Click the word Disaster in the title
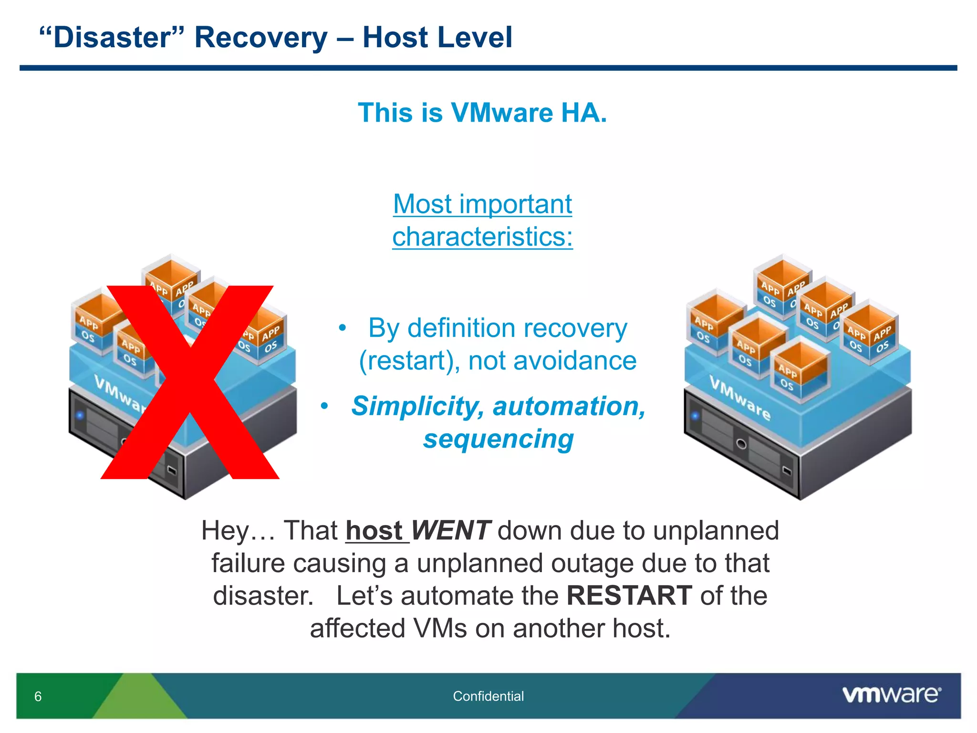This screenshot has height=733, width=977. [112, 37]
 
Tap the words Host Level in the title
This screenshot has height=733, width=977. [437, 37]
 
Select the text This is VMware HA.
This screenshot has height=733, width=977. [482, 113]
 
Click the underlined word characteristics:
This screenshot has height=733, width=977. [482, 237]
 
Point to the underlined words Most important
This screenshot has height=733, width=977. [482, 204]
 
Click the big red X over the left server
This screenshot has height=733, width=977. [190, 382]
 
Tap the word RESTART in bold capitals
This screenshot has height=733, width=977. [629, 596]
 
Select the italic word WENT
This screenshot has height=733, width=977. [450, 531]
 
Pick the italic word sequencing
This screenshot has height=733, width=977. [498, 439]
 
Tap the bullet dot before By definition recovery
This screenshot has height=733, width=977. [342, 328]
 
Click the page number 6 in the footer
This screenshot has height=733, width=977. [38, 696]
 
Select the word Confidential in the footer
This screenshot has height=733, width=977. [488, 696]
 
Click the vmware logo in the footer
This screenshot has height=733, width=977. [891, 695]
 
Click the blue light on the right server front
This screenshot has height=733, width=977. [696, 416]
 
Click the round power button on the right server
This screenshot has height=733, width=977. [741, 444]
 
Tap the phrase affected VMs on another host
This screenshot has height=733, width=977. [490, 628]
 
